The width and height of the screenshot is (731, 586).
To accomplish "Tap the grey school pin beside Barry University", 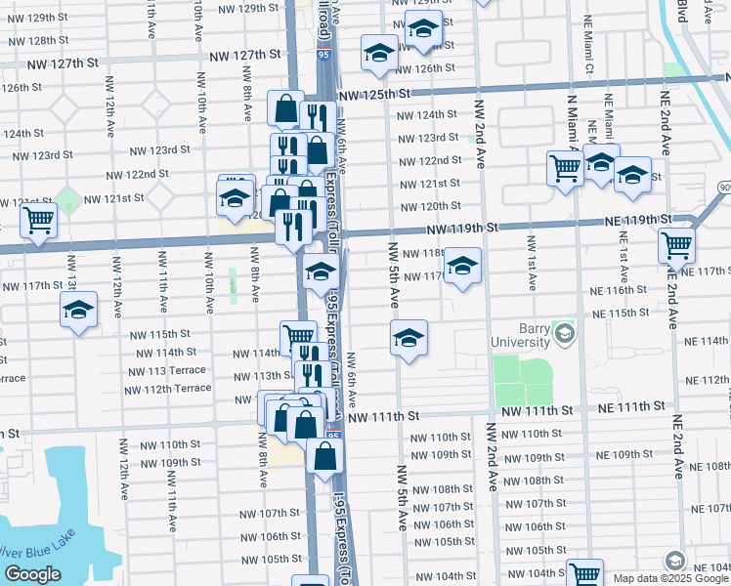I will click(x=563, y=335).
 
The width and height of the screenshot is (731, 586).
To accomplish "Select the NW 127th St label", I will click(x=64, y=63).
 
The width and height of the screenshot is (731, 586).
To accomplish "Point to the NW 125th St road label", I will click(x=371, y=95).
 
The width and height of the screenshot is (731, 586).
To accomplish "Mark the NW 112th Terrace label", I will click(x=167, y=389).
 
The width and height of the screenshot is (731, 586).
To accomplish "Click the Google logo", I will click(x=32, y=574).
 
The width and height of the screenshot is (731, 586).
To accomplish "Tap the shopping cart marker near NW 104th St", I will click(x=584, y=574).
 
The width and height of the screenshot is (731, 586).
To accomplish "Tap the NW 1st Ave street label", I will click(x=532, y=262).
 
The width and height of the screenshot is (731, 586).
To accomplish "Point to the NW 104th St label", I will click(x=536, y=573).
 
